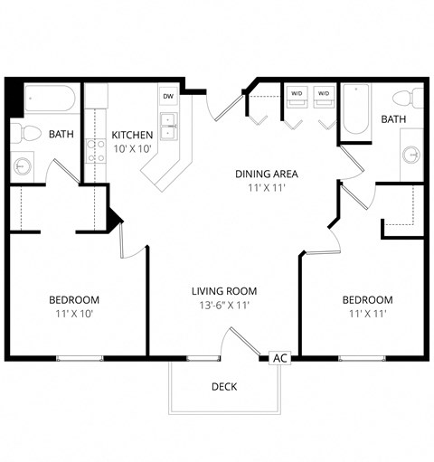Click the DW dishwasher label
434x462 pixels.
[168, 96]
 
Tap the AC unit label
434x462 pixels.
[280, 358]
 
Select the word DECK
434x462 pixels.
[224, 387]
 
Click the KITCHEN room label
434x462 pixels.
[133, 135]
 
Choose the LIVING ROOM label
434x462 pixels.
[224, 291]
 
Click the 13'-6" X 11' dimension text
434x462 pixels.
[224, 306]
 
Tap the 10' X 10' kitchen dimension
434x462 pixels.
[133, 150]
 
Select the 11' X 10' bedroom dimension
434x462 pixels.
[73, 315]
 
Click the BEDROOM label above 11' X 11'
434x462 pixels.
[367, 300]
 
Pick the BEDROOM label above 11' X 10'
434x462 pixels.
[73, 299]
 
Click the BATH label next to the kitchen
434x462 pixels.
[61, 135]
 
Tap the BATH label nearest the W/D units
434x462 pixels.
[393, 119]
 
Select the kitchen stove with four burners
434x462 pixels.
[95, 150]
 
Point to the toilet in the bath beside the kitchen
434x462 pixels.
[30, 134]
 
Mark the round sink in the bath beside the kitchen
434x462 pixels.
[23, 165]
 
